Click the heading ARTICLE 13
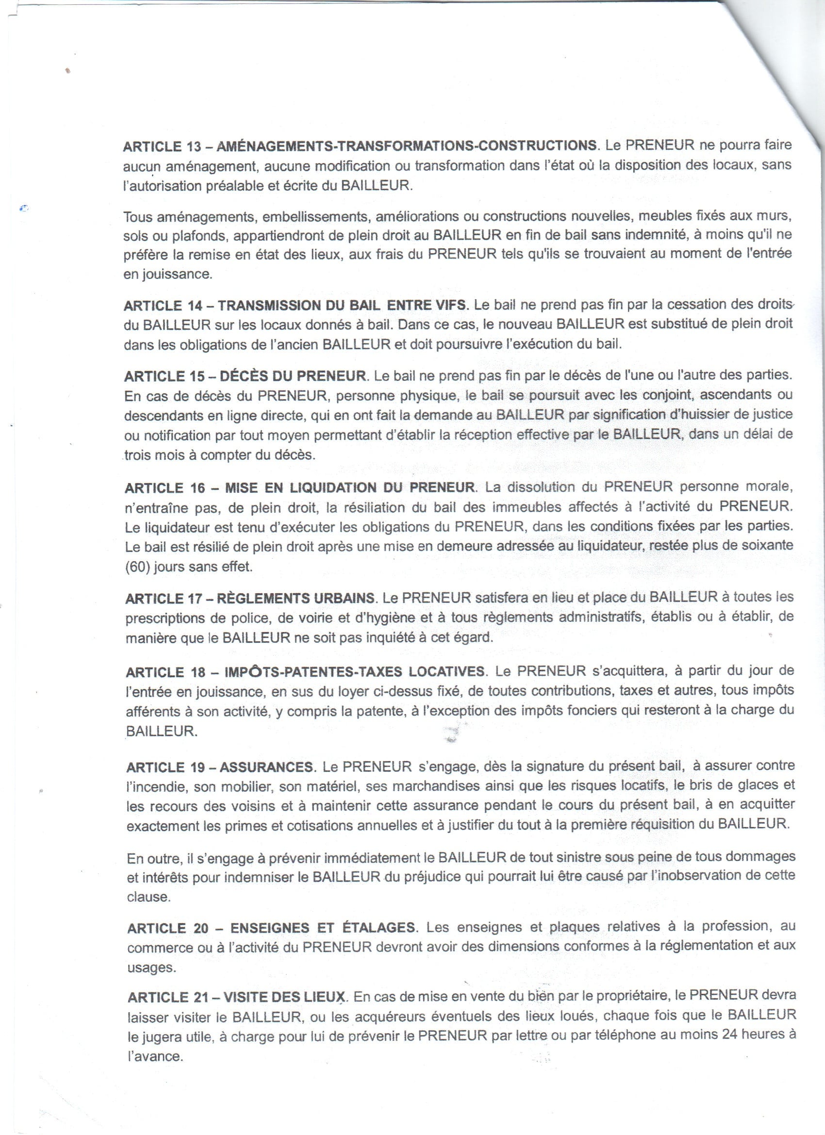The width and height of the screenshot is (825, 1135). click(x=161, y=146)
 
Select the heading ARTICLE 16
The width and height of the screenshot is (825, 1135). click(x=163, y=487)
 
